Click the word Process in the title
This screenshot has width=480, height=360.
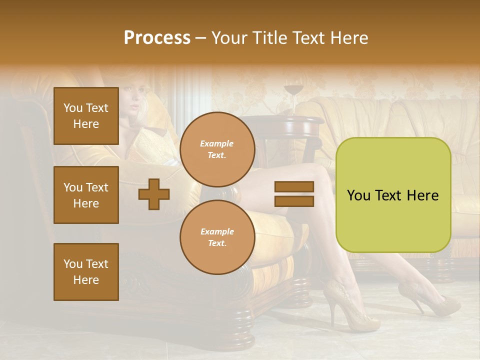pos(157,37)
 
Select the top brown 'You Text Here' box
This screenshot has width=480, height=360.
pos(86,116)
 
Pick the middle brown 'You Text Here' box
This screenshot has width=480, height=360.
pos(86,195)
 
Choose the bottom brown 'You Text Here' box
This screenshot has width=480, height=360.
pos(86,271)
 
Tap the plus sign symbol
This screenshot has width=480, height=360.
pos(154,194)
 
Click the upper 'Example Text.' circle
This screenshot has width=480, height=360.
pos(217,149)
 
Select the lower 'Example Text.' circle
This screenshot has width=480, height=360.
pos(217,237)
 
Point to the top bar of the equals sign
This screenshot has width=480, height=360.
pos(294,187)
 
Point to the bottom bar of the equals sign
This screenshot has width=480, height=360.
pos(294,201)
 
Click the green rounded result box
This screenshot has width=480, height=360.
pos(393,195)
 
